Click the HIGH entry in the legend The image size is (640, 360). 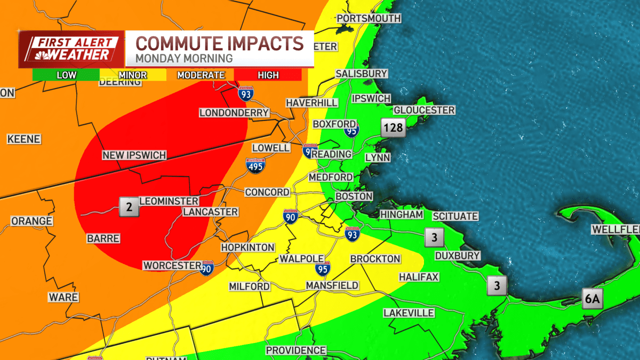click(x=268, y=75)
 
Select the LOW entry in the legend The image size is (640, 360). click(x=66, y=75)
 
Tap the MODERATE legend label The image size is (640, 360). click(x=201, y=75)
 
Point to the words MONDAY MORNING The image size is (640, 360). click(x=184, y=58)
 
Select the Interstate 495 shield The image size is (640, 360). click(x=255, y=166)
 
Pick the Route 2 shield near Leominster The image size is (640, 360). click(x=129, y=206)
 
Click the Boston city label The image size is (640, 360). click(x=354, y=196)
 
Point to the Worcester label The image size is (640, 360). click(x=172, y=266)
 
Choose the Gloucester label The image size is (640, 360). click(x=424, y=110)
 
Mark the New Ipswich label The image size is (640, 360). click(x=134, y=155)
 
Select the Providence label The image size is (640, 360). click(x=296, y=350)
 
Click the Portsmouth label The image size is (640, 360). click(x=369, y=18)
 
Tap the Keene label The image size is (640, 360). click(x=24, y=139)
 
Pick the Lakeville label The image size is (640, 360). click(x=409, y=313)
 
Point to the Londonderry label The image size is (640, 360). click(x=234, y=113)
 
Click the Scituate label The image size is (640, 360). click(x=455, y=216)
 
